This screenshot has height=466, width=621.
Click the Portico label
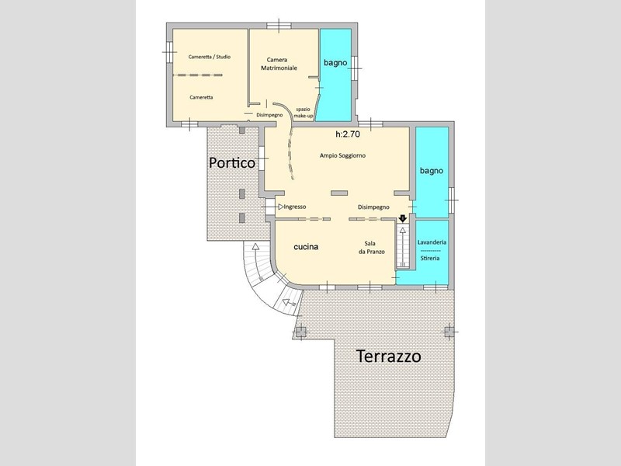pos(232,163)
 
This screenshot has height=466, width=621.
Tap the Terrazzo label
pos(389,356)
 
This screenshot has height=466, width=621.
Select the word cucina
pos(306,246)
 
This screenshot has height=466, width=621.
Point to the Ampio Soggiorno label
pos(342,156)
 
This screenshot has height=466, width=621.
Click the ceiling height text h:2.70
pos(348,134)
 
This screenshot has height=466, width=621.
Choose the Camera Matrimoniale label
pos(279,64)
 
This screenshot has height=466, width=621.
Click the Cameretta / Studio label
pos(210,57)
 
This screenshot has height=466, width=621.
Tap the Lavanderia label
pos(432,242)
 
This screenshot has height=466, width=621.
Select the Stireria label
pos(430,258)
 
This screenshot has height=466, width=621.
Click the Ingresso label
pos(295,207)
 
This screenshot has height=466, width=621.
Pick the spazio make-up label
pos(304,113)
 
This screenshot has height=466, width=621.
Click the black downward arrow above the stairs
pos(403,218)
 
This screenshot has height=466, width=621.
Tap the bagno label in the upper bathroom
pos(335,63)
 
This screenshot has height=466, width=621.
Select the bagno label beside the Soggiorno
pos(432,171)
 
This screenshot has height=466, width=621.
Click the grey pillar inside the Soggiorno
pos(339,193)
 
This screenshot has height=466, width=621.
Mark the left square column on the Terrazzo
pos(301,332)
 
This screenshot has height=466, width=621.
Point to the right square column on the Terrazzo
pos(449,332)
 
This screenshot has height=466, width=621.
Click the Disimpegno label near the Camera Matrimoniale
pos(269,115)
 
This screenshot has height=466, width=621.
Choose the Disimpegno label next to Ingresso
pos(373,207)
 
